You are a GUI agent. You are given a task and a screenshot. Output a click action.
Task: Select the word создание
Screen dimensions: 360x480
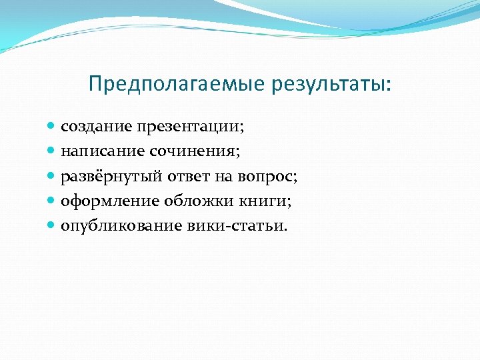point(90,126)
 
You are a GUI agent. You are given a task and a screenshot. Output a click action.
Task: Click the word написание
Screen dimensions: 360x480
point(95,151)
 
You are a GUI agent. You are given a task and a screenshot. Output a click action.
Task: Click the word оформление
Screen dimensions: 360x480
point(100,201)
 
